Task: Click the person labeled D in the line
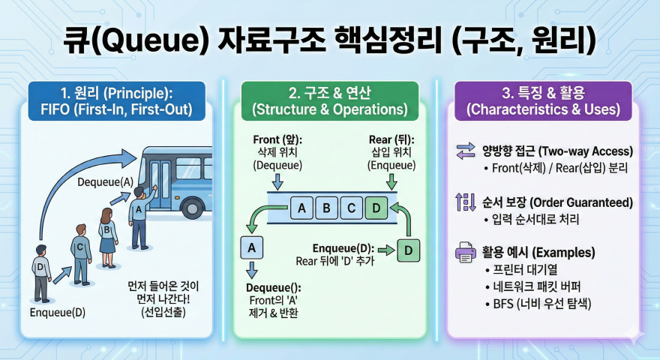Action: click(x=40, y=271)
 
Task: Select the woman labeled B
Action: click(x=107, y=235)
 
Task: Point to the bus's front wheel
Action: click(x=192, y=208)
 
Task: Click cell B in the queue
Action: click(x=326, y=207)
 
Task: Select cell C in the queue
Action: click(x=351, y=207)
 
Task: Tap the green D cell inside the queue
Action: click(x=376, y=207)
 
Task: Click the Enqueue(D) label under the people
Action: click(x=58, y=311)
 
